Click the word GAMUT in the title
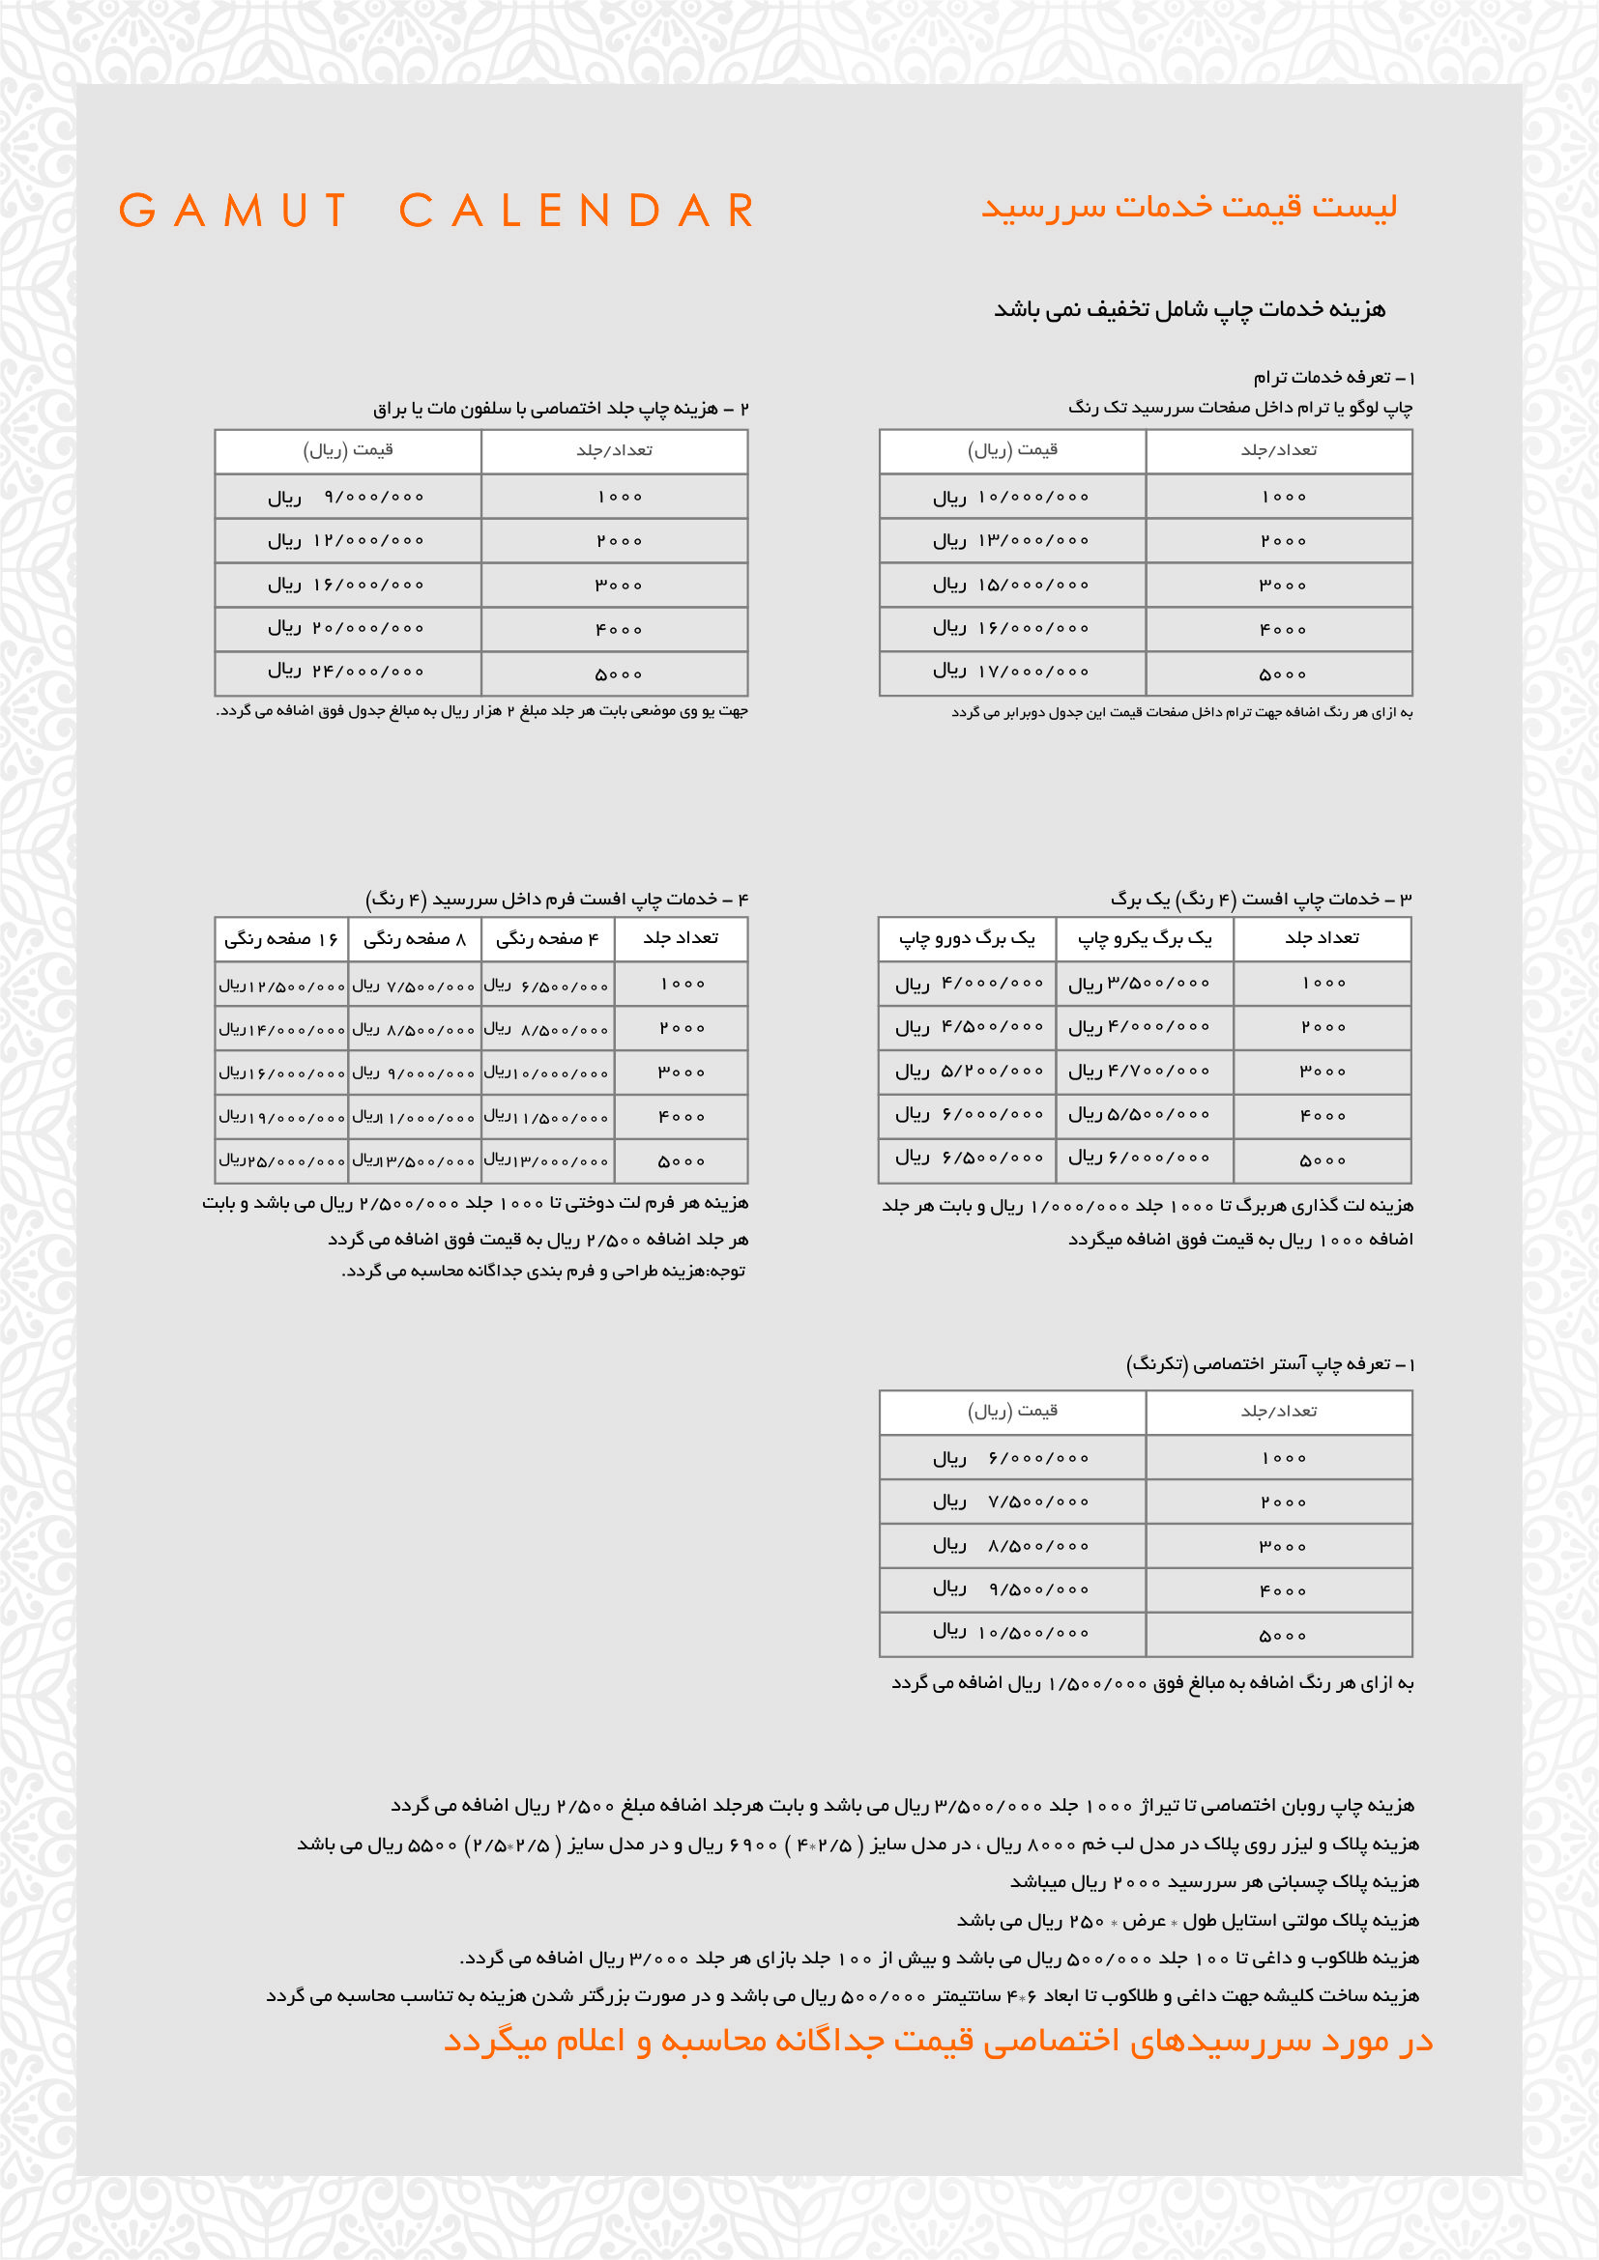(233, 211)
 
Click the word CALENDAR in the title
(577, 211)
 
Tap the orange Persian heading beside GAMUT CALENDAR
(1188, 207)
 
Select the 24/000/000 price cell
(348, 672)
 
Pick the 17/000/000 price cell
(1012, 672)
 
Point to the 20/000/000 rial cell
(348, 628)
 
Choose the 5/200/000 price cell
(969, 1071)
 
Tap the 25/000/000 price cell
(281, 1161)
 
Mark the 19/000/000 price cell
(281, 1117)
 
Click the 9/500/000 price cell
(1012, 1588)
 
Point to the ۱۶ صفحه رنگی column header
(281, 939)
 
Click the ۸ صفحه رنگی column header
(415, 939)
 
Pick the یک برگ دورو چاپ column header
(967, 939)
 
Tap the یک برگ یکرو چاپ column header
(1144, 939)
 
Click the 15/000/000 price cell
(1012, 585)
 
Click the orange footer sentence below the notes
(938, 2041)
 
